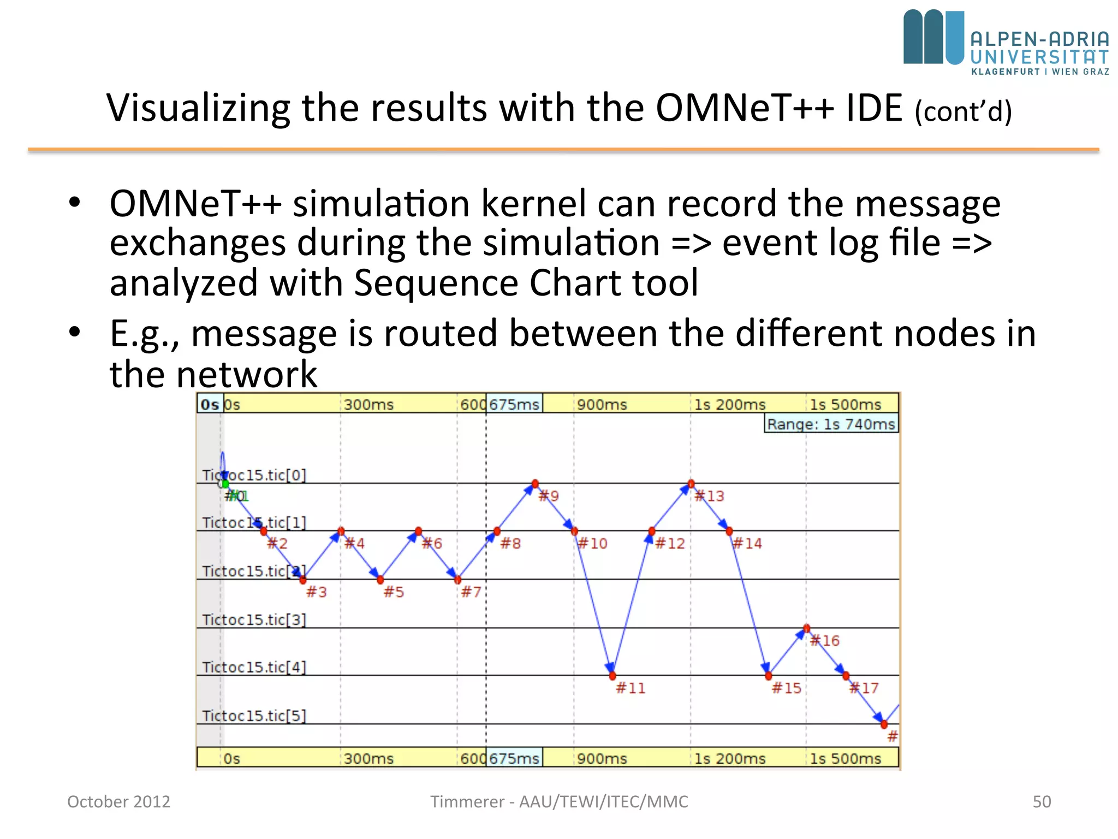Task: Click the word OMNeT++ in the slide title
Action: pyautogui.click(x=745, y=108)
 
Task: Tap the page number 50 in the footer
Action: pyautogui.click(x=1042, y=801)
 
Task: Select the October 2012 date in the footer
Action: pyautogui.click(x=118, y=801)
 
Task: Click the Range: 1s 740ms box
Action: pyautogui.click(x=831, y=424)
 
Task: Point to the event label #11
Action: pyautogui.click(x=631, y=688)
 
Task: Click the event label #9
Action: pyautogui.click(x=549, y=496)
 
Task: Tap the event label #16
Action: pyautogui.click(x=825, y=641)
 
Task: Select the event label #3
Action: pyautogui.click(x=316, y=592)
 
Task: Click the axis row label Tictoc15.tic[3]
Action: pyautogui.click(x=254, y=619)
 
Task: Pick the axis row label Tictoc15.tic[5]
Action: pyautogui.click(x=254, y=716)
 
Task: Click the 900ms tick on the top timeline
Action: pyautogui.click(x=602, y=405)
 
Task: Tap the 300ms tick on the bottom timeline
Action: pyautogui.click(x=368, y=759)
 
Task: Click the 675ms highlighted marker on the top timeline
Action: pyautogui.click(x=514, y=404)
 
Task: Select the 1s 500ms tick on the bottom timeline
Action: pyautogui.click(x=845, y=759)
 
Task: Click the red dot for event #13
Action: pyautogui.click(x=691, y=483)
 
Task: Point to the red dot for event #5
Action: pyautogui.click(x=380, y=580)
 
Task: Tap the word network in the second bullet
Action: pyautogui.click(x=246, y=375)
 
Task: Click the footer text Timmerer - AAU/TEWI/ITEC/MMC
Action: pyautogui.click(x=559, y=801)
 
